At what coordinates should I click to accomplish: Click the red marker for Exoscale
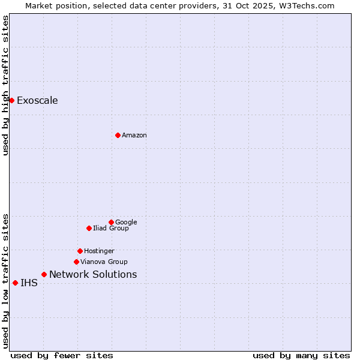(x=11, y=100)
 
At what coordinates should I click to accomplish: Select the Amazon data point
(x=118, y=135)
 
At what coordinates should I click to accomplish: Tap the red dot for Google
(x=111, y=222)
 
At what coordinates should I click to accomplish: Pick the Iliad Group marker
(x=89, y=228)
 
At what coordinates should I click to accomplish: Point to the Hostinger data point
(x=80, y=251)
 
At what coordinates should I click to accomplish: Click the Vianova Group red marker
(x=76, y=262)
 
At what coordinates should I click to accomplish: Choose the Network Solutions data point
(x=44, y=274)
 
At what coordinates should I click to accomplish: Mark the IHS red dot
(x=15, y=283)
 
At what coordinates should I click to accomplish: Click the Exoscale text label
(x=37, y=100)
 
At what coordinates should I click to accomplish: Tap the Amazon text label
(x=134, y=135)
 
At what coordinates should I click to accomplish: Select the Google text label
(x=126, y=222)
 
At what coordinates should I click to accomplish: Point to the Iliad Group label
(x=111, y=228)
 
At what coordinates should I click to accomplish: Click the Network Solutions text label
(x=93, y=274)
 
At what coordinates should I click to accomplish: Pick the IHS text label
(x=29, y=283)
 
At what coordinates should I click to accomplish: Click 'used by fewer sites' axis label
(x=62, y=355)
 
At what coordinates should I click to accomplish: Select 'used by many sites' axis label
(x=301, y=355)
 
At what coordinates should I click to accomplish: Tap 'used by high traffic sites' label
(x=5, y=85)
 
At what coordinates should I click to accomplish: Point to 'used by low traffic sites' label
(x=5, y=280)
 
